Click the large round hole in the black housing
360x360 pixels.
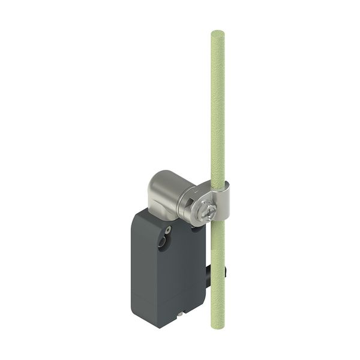tap(161, 242)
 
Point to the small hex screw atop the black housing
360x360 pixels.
tap(169, 229)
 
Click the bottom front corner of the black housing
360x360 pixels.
tap(157, 326)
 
